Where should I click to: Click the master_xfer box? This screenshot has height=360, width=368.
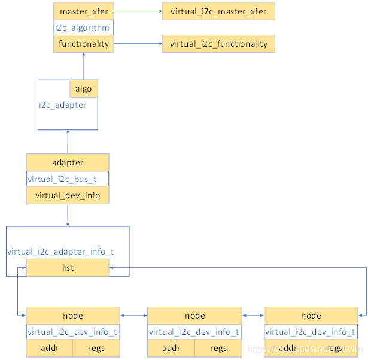83,11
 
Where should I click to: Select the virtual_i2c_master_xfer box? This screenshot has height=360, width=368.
218,11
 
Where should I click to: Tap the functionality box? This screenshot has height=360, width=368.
83,44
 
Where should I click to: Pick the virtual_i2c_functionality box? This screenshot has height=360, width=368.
218,44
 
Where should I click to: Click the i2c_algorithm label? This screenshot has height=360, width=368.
83,28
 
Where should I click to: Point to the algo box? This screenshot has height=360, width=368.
84,89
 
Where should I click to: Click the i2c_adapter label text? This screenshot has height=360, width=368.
63,105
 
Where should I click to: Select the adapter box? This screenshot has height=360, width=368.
68,162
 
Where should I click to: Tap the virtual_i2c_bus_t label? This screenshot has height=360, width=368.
61,179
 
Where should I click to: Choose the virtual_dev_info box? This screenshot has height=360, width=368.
68,195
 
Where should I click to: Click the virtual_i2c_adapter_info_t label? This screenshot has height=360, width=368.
60,252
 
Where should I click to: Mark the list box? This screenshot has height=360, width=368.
68,268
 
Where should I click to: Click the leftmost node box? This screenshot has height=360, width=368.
73,316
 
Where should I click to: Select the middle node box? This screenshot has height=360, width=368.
194,316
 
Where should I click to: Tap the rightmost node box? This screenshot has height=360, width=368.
311,316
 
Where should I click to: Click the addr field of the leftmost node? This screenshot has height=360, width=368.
50,348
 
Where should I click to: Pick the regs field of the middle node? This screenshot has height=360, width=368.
218,348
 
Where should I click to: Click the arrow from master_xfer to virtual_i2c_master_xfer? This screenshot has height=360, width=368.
137,11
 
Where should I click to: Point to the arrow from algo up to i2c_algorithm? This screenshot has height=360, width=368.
84,65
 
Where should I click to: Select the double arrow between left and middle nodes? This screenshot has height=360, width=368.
133,316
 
